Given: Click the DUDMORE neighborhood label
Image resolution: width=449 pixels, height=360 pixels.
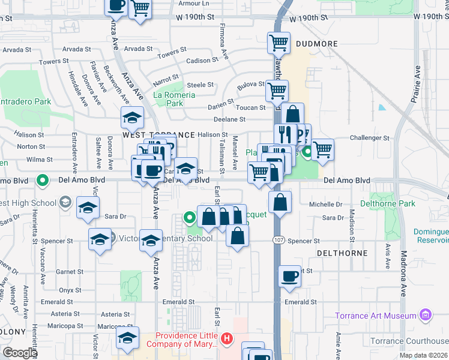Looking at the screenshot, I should (x=317, y=44).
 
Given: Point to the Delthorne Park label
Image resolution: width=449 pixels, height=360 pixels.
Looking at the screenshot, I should (x=387, y=204).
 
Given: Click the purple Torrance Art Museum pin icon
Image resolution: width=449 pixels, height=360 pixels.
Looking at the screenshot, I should (x=426, y=314).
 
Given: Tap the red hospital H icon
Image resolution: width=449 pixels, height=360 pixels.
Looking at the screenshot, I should (x=226, y=340).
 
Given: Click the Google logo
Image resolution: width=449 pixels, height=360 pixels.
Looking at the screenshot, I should (x=19, y=353).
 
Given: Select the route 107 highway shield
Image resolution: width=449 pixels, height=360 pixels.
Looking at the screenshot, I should (x=279, y=241).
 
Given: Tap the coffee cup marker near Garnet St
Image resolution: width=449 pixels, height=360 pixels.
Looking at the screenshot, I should (x=290, y=276).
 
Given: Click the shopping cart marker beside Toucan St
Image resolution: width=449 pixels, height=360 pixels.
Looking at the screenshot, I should (x=277, y=91).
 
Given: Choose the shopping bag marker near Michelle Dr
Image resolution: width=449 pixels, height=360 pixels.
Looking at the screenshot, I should (x=280, y=202).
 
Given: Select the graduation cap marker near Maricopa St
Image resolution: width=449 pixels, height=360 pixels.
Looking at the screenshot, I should (x=127, y=338).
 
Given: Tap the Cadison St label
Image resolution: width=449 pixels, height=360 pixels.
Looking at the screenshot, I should (x=202, y=61).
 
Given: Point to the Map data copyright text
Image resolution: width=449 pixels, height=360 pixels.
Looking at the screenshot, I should (x=423, y=355).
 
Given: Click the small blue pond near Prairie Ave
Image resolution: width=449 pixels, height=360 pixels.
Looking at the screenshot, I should (x=382, y=108).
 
